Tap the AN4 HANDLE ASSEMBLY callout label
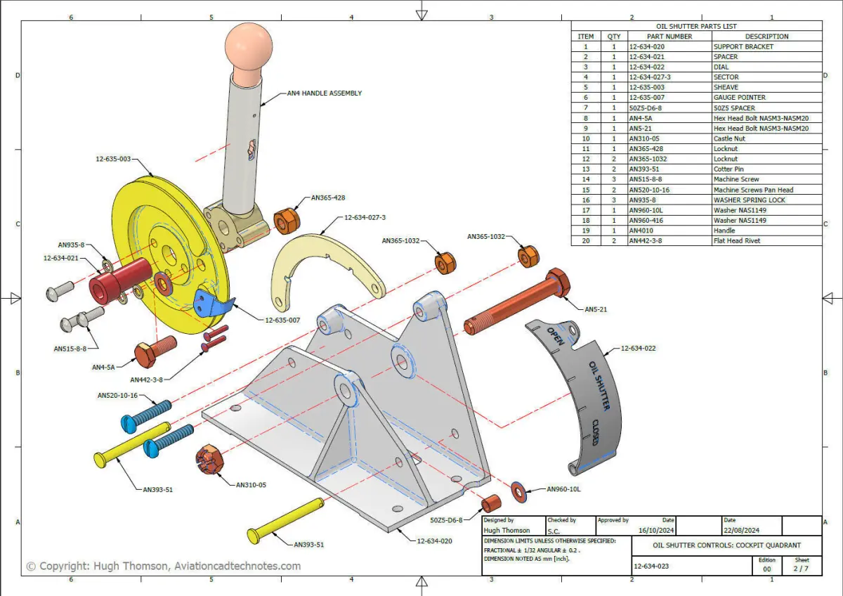325,93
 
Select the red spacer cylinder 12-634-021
120,280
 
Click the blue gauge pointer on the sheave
214,303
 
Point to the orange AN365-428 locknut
287,221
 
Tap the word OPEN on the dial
556,336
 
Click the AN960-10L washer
518,492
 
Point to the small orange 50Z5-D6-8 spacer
491,504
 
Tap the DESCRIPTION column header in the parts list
766,37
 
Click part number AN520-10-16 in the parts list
649,190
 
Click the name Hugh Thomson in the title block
507,530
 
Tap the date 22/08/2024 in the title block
741,530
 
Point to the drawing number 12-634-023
651,566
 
